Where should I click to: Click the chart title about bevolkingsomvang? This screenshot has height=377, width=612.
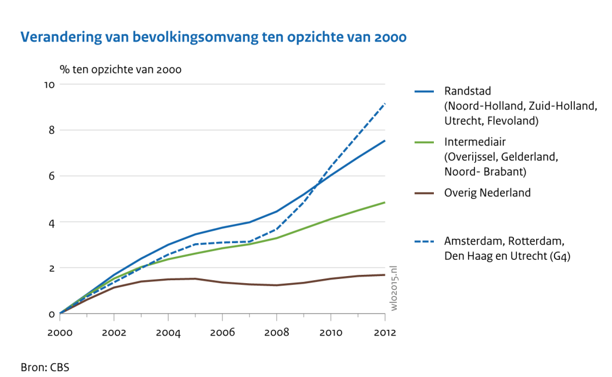point(213,38)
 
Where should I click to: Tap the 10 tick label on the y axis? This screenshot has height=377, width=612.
point(50,84)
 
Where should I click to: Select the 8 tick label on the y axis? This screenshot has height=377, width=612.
point(52,130)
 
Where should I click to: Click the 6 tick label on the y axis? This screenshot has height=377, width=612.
point(52,176)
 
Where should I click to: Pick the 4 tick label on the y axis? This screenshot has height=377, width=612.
point(52,222)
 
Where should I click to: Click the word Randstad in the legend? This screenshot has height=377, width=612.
point(467,91)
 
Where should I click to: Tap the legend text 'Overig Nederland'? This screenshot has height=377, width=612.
point(487,193)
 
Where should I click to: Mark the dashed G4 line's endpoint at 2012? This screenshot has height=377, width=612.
point(385,103)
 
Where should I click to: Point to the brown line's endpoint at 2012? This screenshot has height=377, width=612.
point(385,275)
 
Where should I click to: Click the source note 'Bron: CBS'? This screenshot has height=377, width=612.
point(45,366)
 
